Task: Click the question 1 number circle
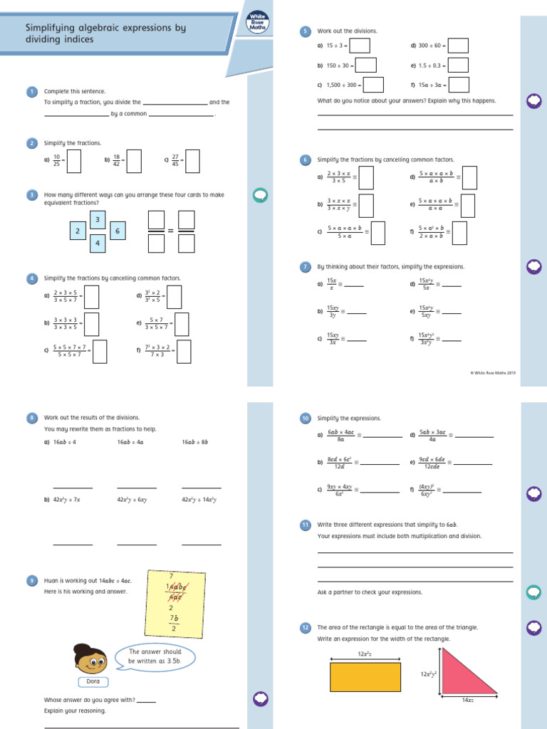click(31, 91)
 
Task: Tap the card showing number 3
click(98, 219)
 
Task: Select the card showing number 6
click(118, 231)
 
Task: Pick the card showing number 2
click(78, 231)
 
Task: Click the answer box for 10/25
click(74, 161)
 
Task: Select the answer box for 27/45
click(192, 161)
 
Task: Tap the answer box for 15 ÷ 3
click(360, 46)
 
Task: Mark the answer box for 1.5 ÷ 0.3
click(458, 65)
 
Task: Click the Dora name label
click(93, 682)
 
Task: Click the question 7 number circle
click(305, 267)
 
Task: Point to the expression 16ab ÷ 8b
click(194, 442)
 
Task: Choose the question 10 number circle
click(305, 419)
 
